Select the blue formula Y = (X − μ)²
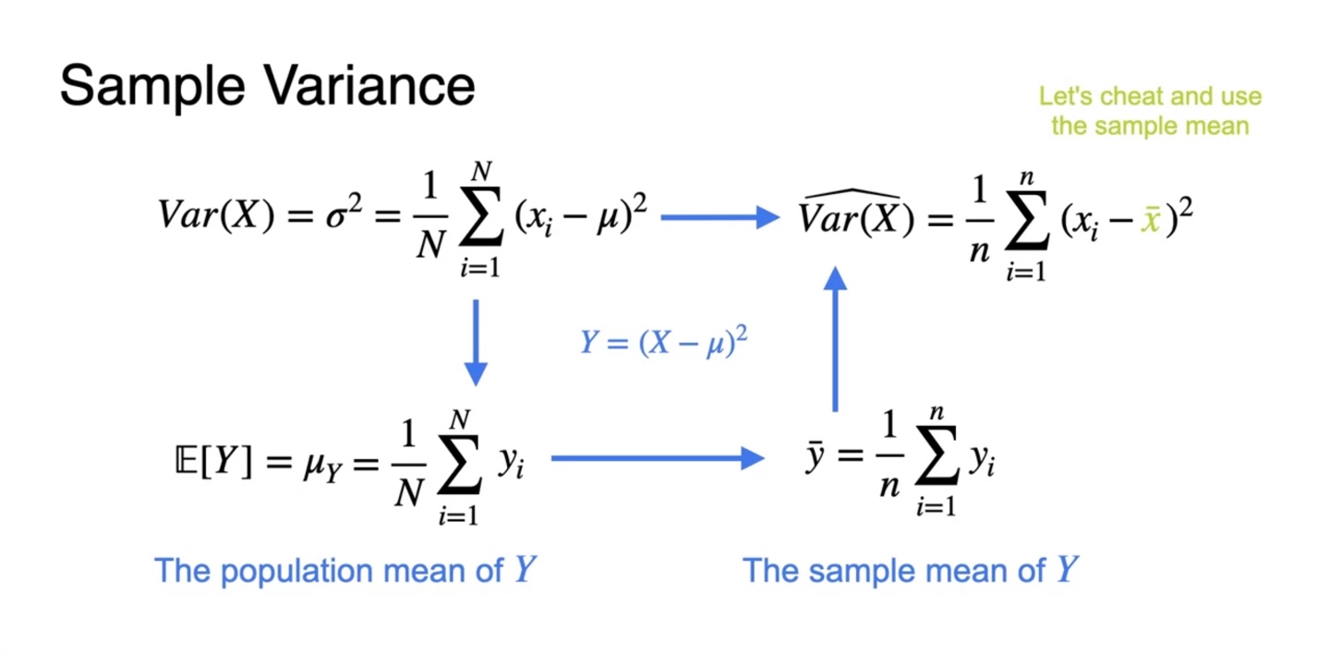click(x=663, y=343)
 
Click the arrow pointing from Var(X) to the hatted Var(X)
click(x=721, y=218)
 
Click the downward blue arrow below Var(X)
click(x=475, y=341)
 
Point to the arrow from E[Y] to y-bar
click(x=657, y=457)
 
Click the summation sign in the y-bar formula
click(x=935, y=461)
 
